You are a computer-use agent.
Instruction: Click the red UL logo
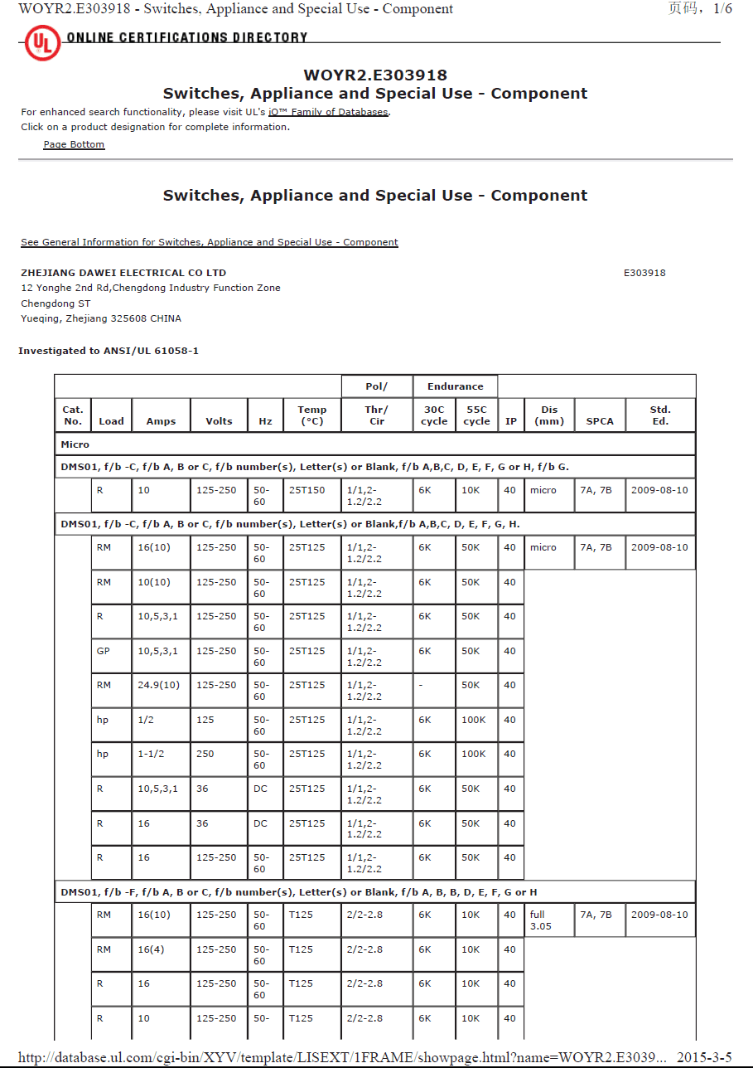(x=42, y=43)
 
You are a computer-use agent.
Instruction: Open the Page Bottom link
(x=74, y=144)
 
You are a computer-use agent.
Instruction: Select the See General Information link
(x=210, y=242)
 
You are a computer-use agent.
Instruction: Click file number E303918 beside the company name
(x=644, y=273)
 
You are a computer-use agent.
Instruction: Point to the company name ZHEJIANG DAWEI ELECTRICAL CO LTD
(x=123, y=273)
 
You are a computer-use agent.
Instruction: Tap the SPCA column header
(x=600, y=421)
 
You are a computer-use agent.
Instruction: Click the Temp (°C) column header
(x=312, y=415)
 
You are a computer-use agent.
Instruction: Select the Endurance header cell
(x=455, y=386)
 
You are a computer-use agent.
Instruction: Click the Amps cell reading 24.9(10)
(x=158, y=685)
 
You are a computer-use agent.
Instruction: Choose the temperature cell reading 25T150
(x=307, y=490)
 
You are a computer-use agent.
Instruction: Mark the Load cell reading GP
(x=104, y=651)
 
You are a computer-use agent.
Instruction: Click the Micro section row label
(x=75, y=444)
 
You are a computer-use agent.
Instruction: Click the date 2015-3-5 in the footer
(x=704, y=1057)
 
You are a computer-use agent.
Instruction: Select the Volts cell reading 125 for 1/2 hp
(x=205, y=720)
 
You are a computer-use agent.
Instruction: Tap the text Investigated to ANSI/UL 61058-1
(x=109, y=351)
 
